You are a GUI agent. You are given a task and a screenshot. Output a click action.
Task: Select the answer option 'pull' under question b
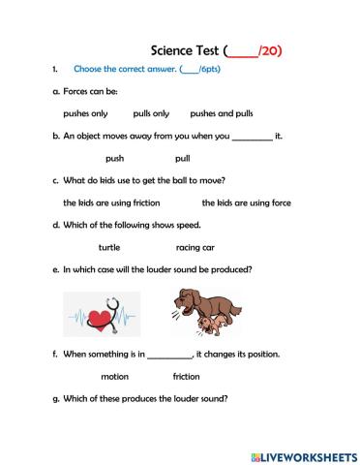click(x=182, y=158)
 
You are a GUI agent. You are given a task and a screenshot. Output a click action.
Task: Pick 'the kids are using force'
click(x=246, y=202)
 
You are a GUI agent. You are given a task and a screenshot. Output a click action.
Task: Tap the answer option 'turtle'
click(x=109, y=247)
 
